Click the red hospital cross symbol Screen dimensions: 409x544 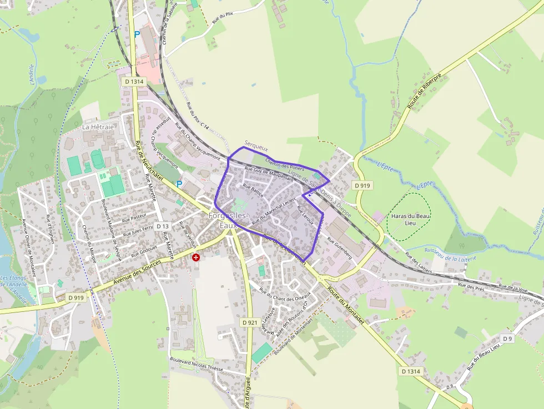tap(195, 257)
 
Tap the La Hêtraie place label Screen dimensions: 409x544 tap(98, 127)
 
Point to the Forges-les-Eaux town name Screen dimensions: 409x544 tap(228, 221)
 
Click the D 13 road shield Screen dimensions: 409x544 tap(162, 226)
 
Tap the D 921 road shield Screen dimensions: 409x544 tap(250, 322)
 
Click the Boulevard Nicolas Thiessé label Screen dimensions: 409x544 tap(197, 364)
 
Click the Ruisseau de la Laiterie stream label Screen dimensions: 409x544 tap(449, 256)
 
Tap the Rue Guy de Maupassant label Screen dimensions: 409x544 tap(268, 173)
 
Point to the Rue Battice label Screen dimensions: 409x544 tap(253, 191)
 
